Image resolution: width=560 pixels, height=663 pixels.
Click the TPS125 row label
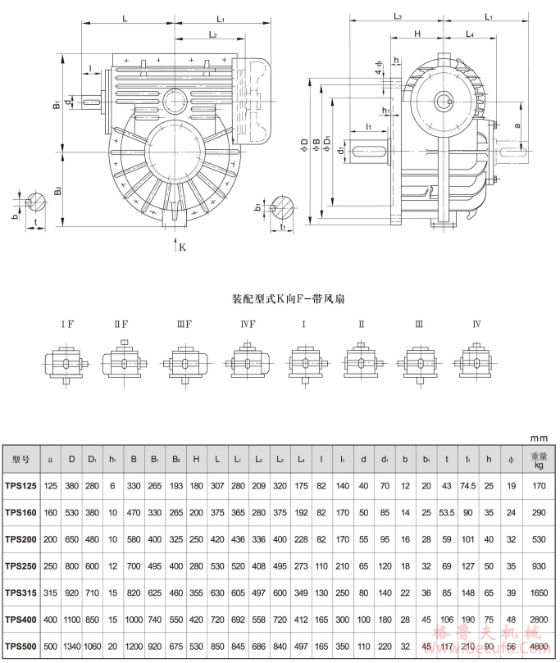tap(20, 486)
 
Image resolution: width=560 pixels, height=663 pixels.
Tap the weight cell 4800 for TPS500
tap(538, 647)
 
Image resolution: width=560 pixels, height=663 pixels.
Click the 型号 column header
tap(20, 459)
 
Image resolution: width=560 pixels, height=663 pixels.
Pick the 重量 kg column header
tap(538, 459)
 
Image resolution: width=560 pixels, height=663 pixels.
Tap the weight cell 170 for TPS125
tap(538, 486)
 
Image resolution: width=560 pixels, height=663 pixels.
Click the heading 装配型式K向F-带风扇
tap(280, 298)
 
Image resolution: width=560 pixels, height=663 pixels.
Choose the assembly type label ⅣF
tap(248, 324)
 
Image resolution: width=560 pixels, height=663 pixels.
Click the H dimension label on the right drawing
tap(417, 34)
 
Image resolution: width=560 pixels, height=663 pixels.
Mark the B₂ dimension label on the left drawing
tap(57, 190)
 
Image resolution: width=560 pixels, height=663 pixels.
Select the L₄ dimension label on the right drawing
tap(470, 34)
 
